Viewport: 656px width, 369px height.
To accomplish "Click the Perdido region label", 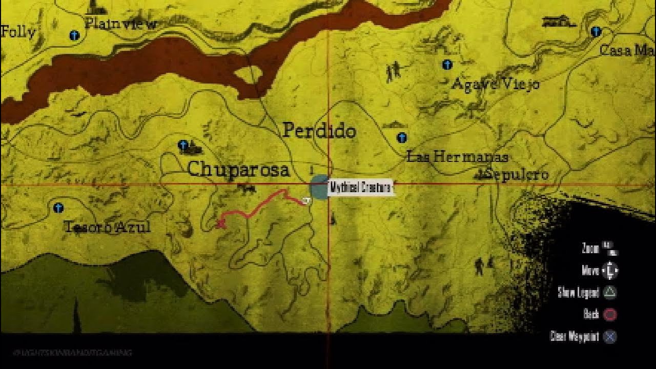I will point(319,131).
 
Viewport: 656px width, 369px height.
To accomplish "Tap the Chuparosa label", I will point(238,170).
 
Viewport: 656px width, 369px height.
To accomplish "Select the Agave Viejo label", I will point(495,84).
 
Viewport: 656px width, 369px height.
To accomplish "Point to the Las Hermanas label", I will point(457,157).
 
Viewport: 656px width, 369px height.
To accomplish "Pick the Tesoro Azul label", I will point(107,227).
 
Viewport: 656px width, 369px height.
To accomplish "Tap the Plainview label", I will point(120,24).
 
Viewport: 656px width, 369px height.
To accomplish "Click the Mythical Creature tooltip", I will point(360,188).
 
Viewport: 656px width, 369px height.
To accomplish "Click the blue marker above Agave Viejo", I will point(447,65).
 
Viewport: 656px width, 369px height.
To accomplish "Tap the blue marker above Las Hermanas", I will point(402,137).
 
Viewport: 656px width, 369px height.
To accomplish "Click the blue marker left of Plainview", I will point(74,35).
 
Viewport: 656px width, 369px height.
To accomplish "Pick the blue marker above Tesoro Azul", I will point(58,208).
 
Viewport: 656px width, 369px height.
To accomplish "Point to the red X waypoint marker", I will point(221,223).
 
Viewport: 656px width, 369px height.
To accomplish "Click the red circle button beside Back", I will point(610,314).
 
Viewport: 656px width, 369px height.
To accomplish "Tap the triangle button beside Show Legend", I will point(610,293).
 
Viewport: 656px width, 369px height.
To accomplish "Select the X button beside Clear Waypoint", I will point(610,337).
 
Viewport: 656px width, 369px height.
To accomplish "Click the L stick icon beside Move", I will point(610,271).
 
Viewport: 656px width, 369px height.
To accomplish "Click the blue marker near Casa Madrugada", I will point(595,32).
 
